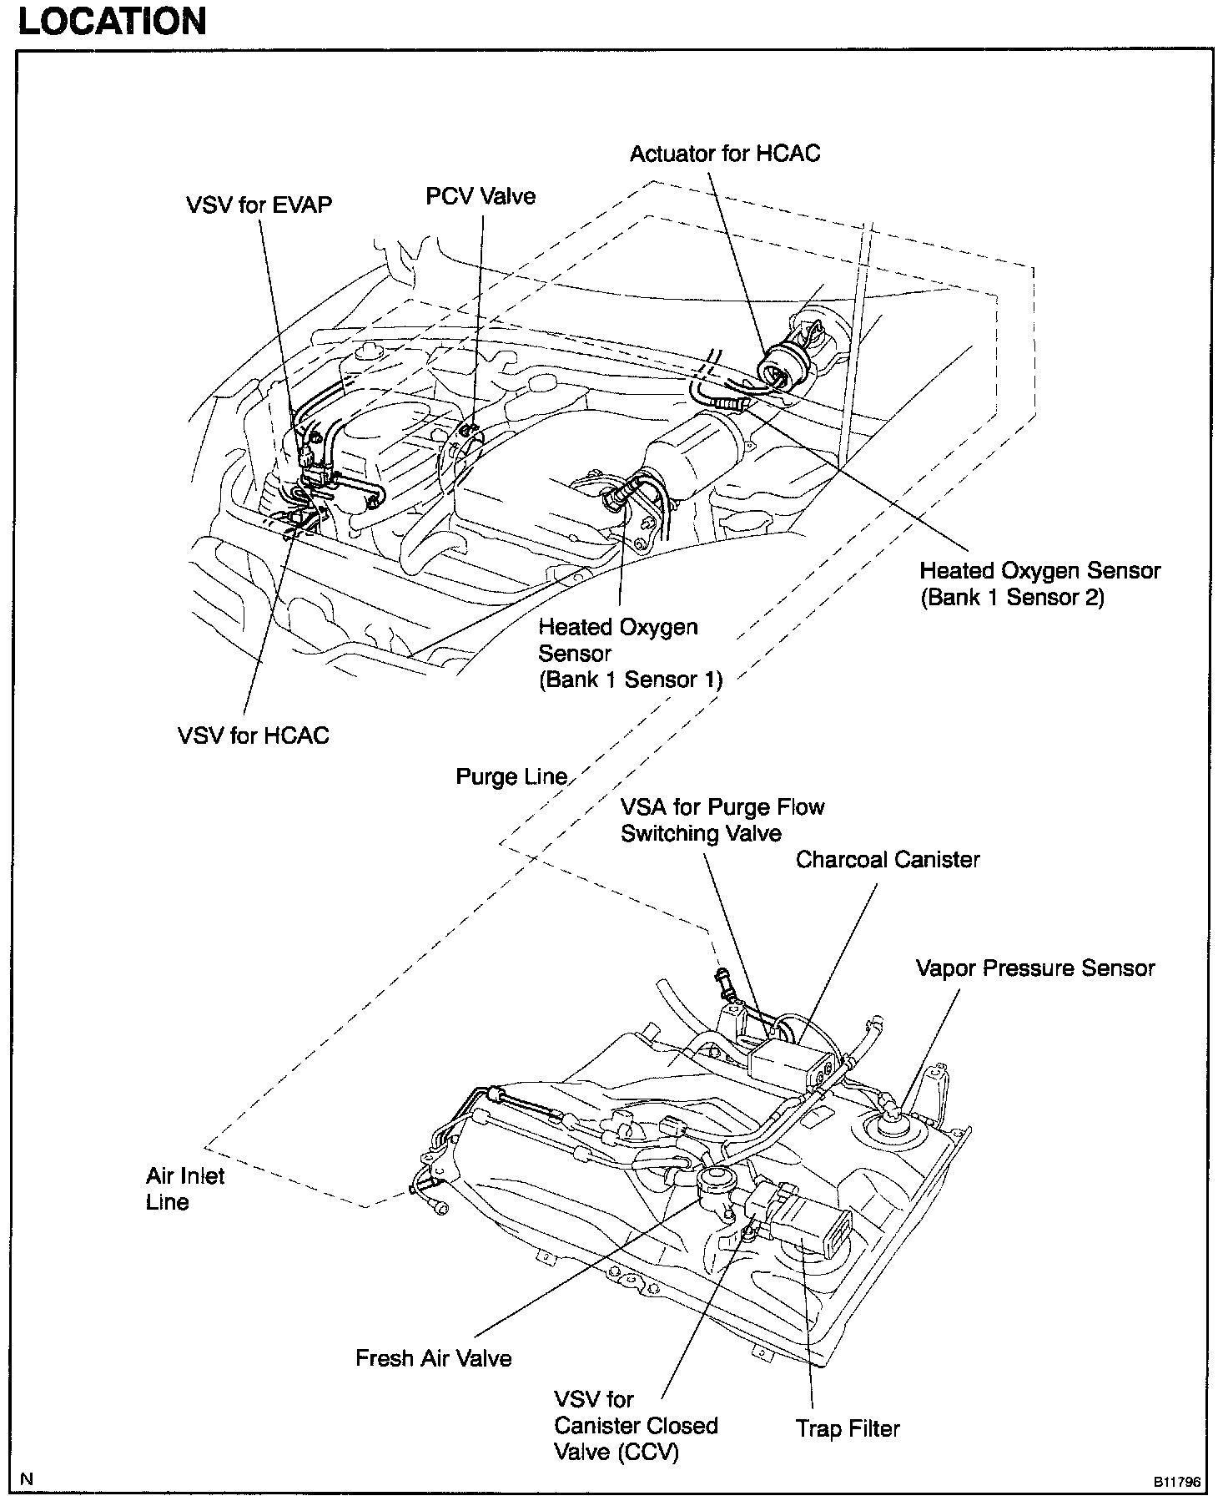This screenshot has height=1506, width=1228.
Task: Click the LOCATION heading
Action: (112, 21)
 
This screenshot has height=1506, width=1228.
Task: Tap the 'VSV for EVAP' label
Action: (259, 205)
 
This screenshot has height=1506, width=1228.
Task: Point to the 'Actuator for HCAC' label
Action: (724, 154)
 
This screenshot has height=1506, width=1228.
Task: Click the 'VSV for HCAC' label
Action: (253, 735)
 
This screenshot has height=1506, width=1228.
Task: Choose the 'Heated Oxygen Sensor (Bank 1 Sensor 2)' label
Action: (1039, 584)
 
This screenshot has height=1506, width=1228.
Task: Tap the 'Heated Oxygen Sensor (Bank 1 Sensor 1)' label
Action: (630, 653)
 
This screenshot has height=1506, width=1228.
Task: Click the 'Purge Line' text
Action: (511, 777)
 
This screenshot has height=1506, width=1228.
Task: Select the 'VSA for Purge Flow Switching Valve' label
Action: (722, 820)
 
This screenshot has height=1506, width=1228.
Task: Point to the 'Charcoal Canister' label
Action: (887, 860)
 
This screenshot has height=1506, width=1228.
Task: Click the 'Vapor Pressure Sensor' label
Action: (1034, 968)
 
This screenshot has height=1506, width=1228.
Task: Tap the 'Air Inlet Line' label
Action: (184, 1189)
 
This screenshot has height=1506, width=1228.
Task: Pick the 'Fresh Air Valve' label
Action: (433, 1358)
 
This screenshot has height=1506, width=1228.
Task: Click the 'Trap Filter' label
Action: (848, 1428)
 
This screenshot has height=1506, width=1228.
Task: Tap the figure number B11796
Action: (1176, 1483)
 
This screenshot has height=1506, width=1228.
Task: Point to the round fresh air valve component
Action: (714, 1182)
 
